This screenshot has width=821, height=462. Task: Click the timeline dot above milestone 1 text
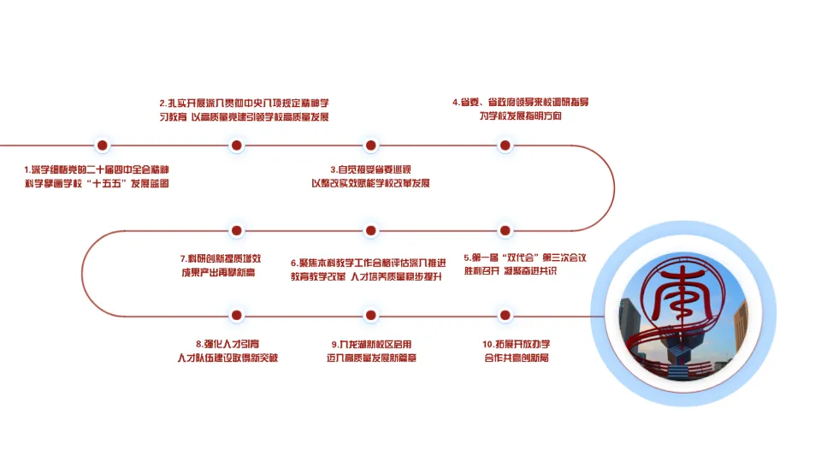click(x=103, y=145)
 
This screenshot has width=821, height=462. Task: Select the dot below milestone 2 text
click(x=238, y=145)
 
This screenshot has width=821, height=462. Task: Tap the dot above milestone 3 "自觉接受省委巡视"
click(x=370, y=145)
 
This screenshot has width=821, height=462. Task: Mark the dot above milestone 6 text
click(x=370, y=230)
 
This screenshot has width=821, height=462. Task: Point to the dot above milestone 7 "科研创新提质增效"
click(x=238, y=230)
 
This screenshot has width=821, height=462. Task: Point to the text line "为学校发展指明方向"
click(x=521, y=115)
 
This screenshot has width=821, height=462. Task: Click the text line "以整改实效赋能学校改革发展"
click(x=370, y=184)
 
